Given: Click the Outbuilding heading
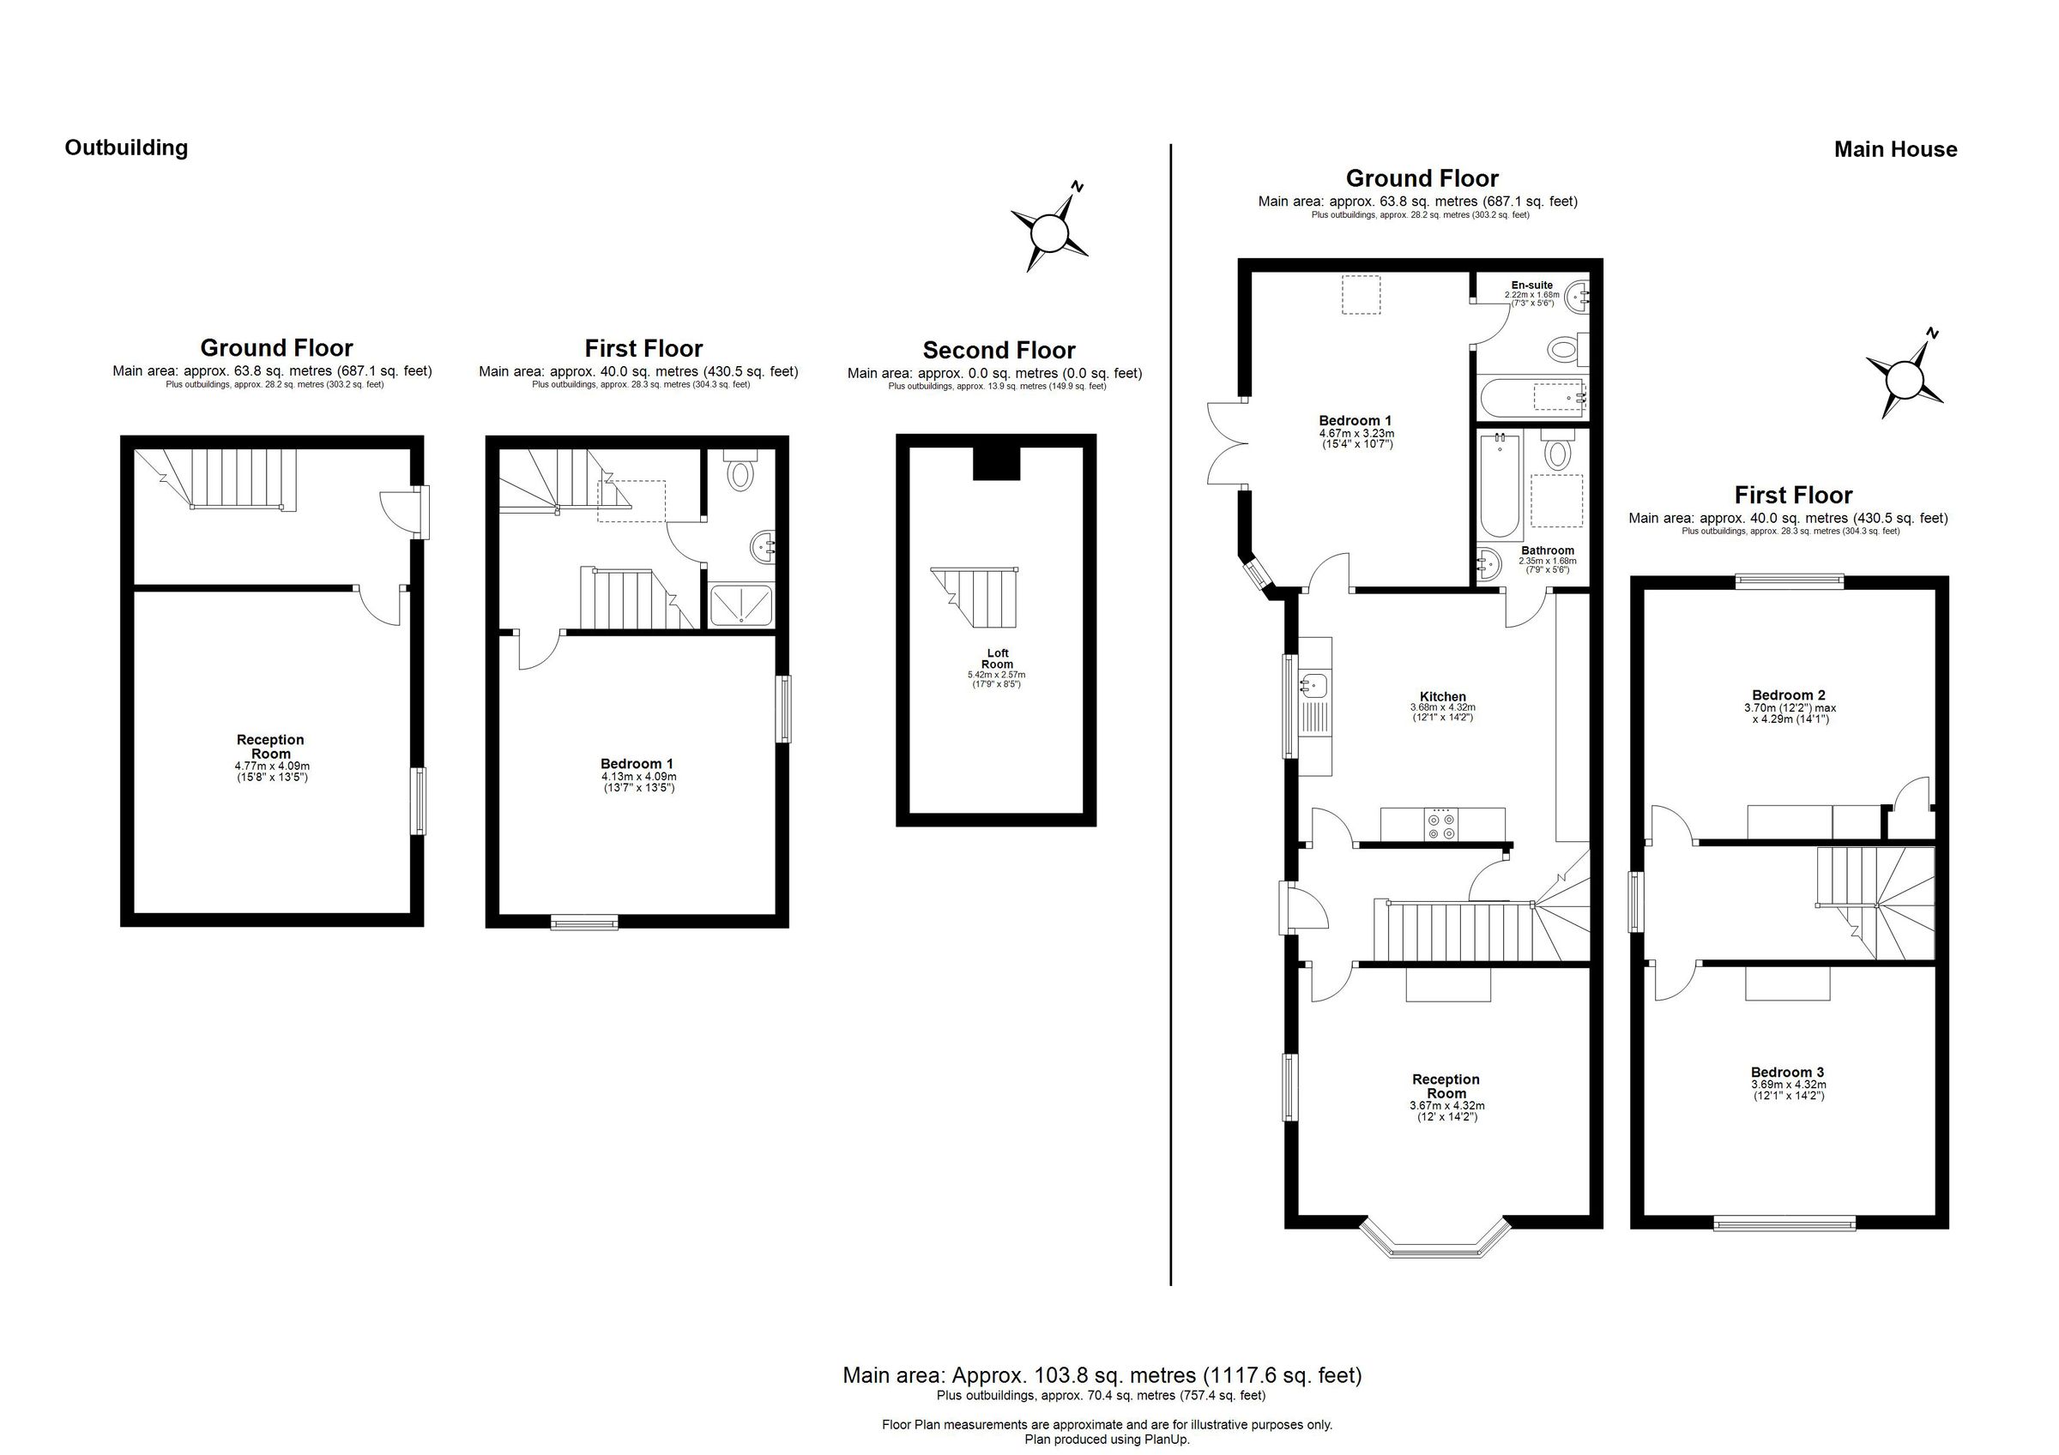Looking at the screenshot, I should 126,148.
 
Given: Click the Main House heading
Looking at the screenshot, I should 1895,150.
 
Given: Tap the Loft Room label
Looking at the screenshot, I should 996,659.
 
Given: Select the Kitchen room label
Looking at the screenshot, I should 1442,696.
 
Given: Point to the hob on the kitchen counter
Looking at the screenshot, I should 1442,825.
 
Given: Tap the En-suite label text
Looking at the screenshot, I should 1531,285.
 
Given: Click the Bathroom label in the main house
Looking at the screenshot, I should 1547,550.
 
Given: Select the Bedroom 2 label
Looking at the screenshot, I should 1788,694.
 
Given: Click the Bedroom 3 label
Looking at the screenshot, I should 1786,1073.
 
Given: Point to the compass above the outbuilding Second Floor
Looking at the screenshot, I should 1048,232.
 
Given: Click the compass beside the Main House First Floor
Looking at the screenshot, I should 1904,378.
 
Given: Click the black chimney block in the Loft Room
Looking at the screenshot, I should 996,463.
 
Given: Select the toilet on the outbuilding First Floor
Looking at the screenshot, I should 740,472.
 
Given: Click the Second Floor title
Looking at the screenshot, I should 998,351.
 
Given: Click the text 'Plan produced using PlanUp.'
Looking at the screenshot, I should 1107,1440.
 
